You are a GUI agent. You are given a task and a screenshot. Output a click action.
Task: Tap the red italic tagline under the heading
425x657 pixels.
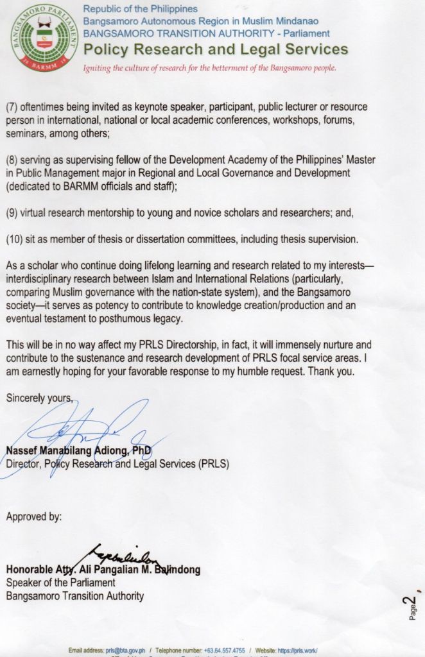tap(210, 67)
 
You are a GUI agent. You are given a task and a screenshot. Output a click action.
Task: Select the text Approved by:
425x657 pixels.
tap(34, 516)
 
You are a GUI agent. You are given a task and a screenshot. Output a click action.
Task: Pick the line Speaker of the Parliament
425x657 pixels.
tap(60, 583)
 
